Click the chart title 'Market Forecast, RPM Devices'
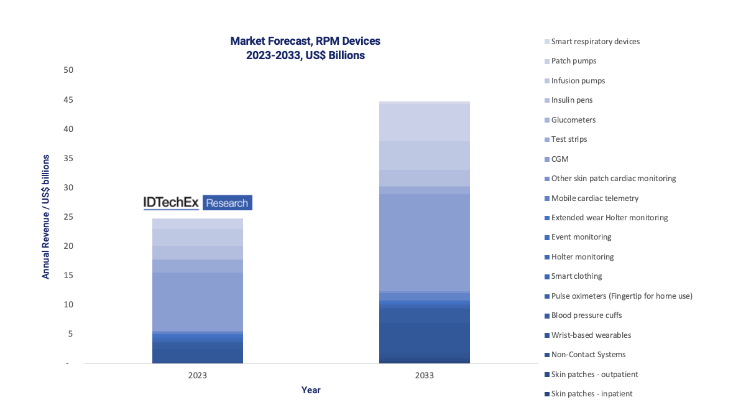pos(305,41)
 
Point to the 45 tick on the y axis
pos(68,100)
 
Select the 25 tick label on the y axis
pos(68,217)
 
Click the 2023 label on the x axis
pos(197,376)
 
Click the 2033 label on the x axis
pos(424,376)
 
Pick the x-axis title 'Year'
pos(311,390)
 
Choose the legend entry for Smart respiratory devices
pos(595,42)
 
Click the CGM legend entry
pos(559,159)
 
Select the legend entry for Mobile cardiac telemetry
pos(594,198)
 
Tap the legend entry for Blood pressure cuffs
pos(586,315)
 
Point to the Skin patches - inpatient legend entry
pos(592,394)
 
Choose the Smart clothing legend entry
pos(576,276)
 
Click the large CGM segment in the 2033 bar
pos(424,243)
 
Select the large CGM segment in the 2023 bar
pos(197,302)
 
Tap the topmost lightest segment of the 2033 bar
pos(424,122)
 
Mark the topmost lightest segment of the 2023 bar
pos(197,223)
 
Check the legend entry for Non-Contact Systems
pos(588,355)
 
